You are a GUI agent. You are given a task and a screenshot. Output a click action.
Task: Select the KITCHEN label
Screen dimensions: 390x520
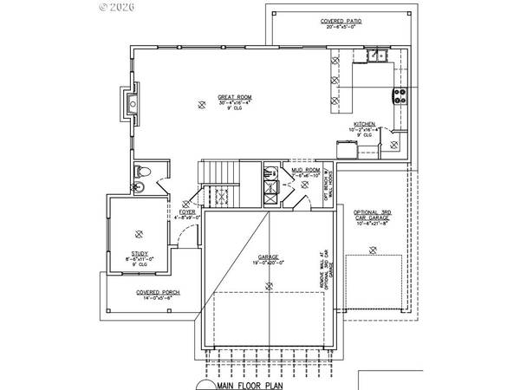(364, 124)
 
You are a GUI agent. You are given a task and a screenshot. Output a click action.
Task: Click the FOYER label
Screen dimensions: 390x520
(186, 211)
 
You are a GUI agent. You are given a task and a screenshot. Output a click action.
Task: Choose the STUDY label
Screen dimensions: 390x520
(140, 254)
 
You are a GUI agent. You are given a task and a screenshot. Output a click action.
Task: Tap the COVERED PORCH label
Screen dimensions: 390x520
(158, 293)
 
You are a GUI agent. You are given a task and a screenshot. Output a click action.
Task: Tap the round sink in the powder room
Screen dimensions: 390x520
(138, 186)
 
